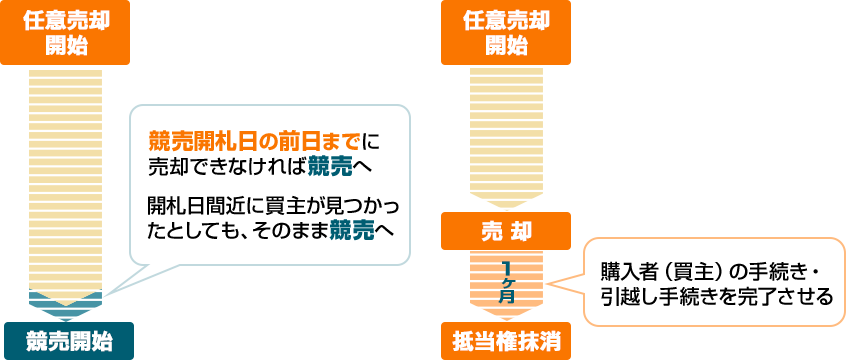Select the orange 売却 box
[506, 231]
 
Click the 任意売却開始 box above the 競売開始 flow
[68, 33]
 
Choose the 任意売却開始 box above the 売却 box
[506, 33]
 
